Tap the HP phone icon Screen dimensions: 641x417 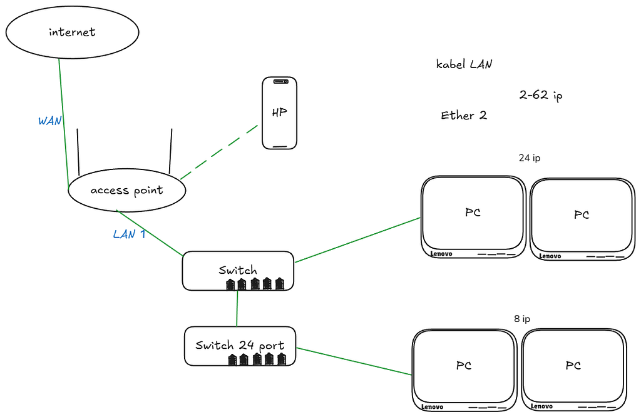(280, 113)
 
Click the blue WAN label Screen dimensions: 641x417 (50, 121)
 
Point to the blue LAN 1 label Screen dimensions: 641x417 (129, 234)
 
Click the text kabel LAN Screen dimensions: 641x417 (464, 64)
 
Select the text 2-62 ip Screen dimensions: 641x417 (541, 95)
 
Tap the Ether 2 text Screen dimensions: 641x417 (464, 116)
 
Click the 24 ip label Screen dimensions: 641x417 (530, 158)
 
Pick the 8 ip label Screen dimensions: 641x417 (522, 319)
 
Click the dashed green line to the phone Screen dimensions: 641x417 (219, 152)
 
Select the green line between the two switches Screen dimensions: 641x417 (237, 308)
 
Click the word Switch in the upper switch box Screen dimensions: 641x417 (238, 270)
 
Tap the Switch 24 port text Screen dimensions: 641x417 (240, 346)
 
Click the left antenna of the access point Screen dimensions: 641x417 (78, 152)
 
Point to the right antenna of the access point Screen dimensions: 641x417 (170, 151)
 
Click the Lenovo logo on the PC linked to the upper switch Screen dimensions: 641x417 (441, 254)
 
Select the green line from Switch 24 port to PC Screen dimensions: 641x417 (354, 361)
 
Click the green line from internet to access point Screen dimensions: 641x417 (64, 124)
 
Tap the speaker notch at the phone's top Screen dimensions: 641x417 (280, 82)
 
